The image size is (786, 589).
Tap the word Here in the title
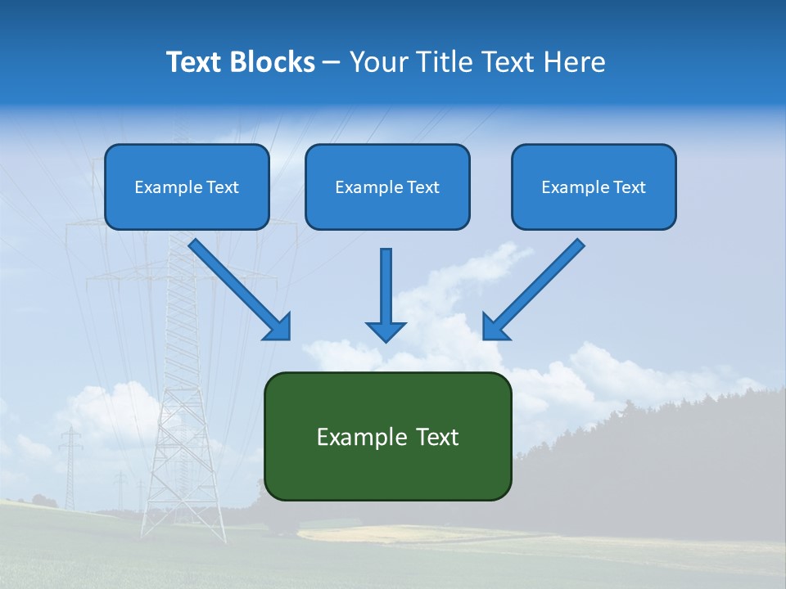pyautogui.click(x=575, y=62)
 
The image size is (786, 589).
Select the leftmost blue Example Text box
pyautogui.click(x=187, y=187)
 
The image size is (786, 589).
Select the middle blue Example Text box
pyautogui.click(x=387, y=187)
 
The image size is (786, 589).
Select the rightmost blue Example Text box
pyautogui.click(x=594, y=187)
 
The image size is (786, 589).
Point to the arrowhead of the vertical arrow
pyautogui.click(x=386, y=330)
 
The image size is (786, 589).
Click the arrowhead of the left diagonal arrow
pyautogui.click(x=278, y=327)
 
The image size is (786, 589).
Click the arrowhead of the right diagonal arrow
pyautogui.click(x=494, y=327)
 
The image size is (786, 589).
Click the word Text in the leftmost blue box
pyautogui.click(x=222, y=187)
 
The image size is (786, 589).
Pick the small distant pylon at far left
pyautogui.click(x=71, y=466)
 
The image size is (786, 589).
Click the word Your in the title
pyautogui.click(x=377, y=62)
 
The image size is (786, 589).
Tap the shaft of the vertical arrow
pyautogui.click(x=386, y=282)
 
